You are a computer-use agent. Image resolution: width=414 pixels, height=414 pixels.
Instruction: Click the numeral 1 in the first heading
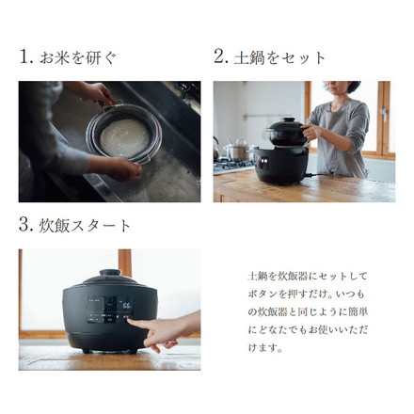click(24, 56)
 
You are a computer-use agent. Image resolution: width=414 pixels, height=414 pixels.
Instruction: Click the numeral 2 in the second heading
click(220, 56)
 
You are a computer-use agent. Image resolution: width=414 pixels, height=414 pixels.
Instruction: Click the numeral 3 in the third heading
click(24, 225)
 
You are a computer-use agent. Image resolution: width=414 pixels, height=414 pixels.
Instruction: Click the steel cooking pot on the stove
click(237, 151)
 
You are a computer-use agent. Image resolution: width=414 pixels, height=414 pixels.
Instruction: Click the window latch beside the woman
click(378, 118)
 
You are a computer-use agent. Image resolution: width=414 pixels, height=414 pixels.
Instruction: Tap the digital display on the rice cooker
click(123, 304)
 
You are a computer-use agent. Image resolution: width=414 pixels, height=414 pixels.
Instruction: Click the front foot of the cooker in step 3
click(89, 350)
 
